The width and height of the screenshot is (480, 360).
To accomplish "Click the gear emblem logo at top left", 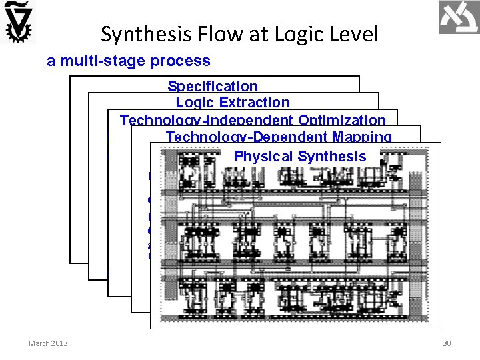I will click(x=18, y=21).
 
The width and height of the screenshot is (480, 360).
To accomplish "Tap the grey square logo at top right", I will click(x=459, y=18).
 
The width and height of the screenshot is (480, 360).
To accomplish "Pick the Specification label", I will click(x=212, y=86).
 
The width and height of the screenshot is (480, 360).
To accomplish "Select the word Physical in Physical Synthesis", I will click(x=263, y=157).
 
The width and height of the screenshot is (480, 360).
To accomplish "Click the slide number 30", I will click(x=447, y=343).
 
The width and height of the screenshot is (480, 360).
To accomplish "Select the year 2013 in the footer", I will click(x=59, y=343).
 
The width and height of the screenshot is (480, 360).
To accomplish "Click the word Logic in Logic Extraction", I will click(x=194, y=103).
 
